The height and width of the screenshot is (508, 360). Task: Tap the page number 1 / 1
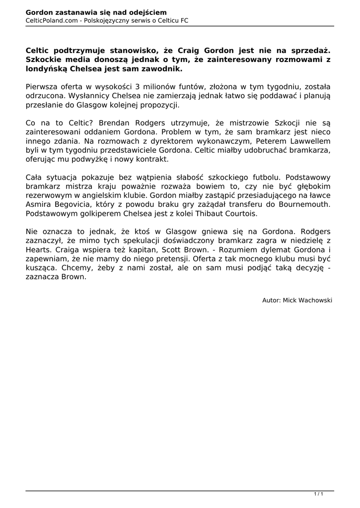318,493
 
